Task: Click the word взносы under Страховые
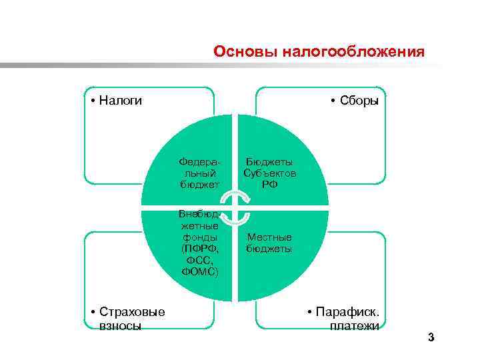119,326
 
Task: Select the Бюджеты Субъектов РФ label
270,173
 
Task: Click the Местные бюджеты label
269,243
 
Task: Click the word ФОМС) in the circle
199,271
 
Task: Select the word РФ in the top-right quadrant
270,184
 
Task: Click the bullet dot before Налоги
92,101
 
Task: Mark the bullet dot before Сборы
333,101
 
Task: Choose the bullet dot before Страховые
92,313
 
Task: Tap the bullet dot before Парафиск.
309,313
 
